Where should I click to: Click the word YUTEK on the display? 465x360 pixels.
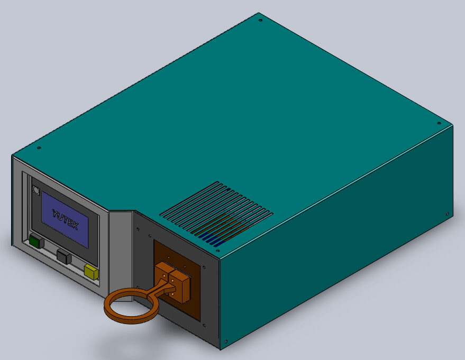coord(65,219)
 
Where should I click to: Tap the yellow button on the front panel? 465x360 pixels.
coord(92,272)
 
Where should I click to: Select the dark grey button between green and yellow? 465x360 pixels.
coord(64,256)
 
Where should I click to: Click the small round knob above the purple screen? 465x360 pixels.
coord(36,190)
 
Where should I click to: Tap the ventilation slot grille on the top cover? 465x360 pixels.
coord(216,214)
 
